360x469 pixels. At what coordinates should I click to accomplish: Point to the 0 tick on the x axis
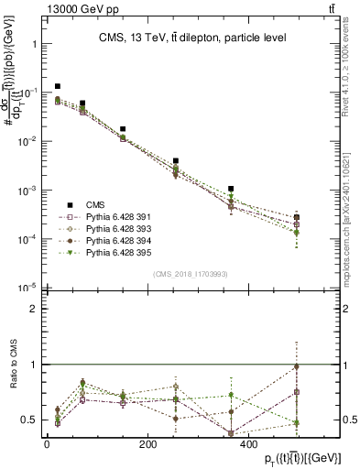point(48,444)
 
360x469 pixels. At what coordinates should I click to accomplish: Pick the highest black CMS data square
point(58,87)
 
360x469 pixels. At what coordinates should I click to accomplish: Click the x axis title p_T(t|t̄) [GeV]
point(291,458)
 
